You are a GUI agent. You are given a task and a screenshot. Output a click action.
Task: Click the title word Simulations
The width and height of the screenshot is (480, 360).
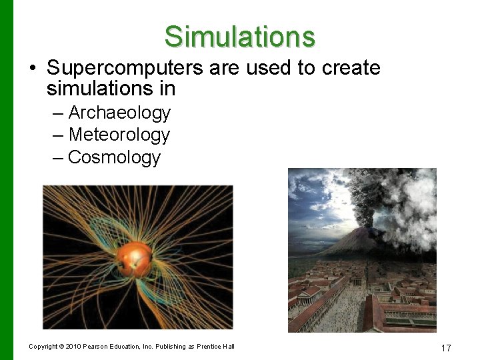[x=239, y=36]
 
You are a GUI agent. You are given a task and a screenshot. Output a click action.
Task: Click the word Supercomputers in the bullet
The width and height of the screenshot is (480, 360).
[x=115, y=68]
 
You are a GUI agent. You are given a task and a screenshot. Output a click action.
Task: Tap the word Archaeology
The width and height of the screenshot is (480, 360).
[x=119, y=113]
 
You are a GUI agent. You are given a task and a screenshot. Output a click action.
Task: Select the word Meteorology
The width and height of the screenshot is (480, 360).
[x=119, y=135]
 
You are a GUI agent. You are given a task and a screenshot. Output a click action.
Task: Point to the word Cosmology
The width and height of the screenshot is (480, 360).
[x=114, y=157]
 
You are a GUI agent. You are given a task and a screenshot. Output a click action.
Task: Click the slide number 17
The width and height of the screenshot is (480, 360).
[x=446, y=348]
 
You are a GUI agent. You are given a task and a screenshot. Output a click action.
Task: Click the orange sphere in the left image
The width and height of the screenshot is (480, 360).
[x=133, y=258]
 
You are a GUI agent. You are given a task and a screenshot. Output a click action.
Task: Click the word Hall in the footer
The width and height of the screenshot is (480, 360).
[x=228, y=346]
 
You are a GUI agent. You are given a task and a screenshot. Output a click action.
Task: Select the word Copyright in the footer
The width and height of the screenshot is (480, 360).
[x=43, y=346]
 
